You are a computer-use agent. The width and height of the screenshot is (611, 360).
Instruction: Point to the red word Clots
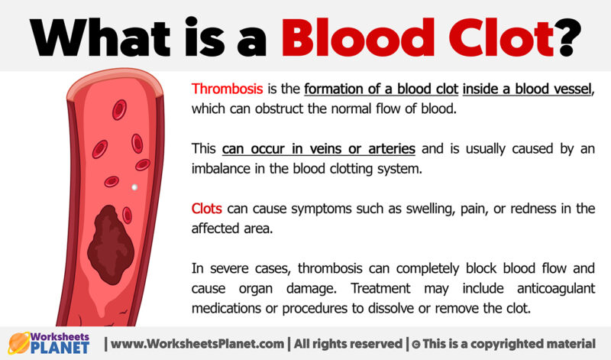(208, 209)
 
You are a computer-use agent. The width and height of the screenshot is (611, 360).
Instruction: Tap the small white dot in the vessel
(135, 186)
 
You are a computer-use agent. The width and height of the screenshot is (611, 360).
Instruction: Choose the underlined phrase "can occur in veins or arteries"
(318, 148)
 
